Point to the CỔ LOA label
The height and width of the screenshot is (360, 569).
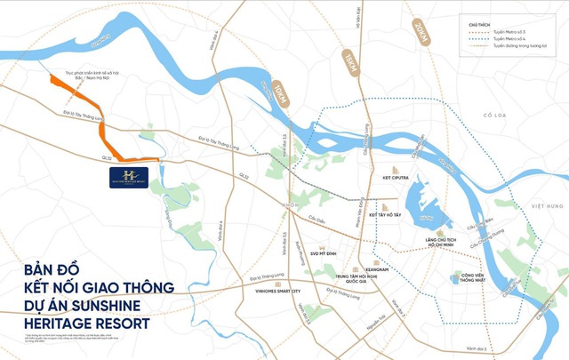coord(518,116)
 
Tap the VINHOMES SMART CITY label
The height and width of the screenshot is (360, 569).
coord(266,291)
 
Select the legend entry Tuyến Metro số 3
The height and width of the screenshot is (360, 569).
coord(511,32)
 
